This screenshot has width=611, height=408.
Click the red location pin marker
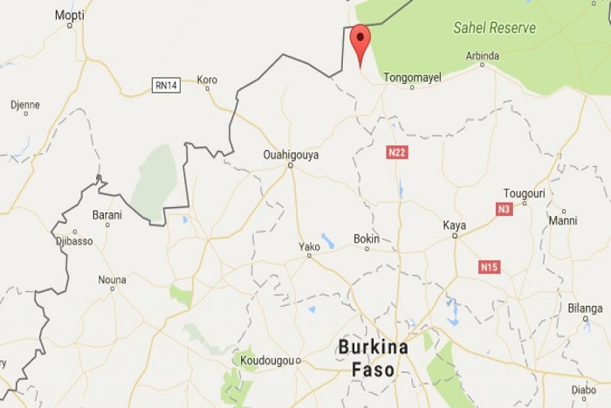pos(360,43)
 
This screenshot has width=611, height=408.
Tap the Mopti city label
pos(70,15)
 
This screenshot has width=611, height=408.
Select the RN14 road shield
pos(166,85)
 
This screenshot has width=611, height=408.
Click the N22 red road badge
pos(396,153)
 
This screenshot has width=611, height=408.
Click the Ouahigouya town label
pos(291,155)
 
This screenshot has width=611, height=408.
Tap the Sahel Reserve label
pos(494,28)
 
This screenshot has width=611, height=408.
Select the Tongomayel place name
pos(415,77)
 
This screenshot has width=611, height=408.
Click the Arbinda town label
pos(483,56)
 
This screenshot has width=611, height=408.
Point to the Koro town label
pos(207,80)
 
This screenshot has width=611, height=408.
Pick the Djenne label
pos(24,105)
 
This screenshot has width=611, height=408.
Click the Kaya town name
pos(454,225)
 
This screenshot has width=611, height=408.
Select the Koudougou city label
pos(266,360)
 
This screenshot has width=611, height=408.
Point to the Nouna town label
pos(112,280)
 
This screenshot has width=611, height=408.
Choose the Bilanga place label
pos(585,308)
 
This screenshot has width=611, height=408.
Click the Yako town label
pos(310,247)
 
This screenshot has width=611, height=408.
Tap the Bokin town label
pos(367,239)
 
